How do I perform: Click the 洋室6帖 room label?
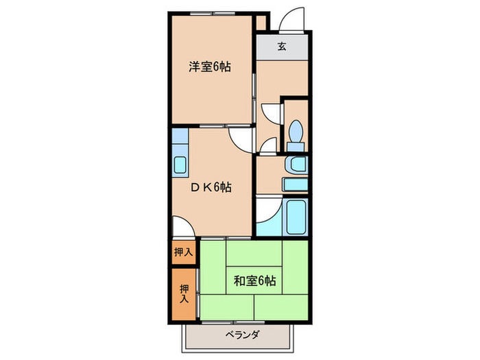click(x=209, y=67)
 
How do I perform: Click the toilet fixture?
click(x=296, y=132)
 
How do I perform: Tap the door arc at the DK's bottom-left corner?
click(x=180, y=227)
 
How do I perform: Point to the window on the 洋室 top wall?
click(x=212, y=11)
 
